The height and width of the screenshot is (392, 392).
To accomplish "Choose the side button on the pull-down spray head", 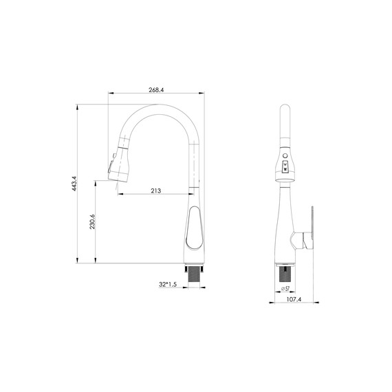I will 109,166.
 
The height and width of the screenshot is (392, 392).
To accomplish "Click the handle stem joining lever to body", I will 300,239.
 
